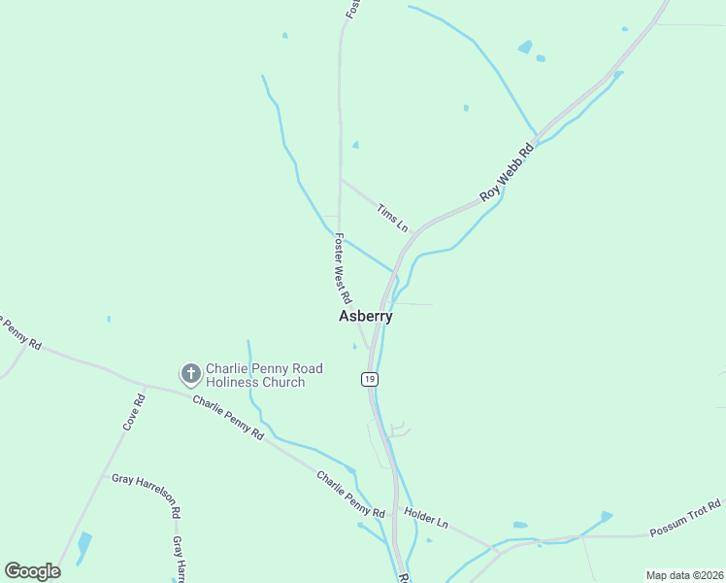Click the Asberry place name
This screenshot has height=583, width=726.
(366, 317)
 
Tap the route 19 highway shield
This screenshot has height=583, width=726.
(370, 377)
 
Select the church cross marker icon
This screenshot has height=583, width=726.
(191, 372)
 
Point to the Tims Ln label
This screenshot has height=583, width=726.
(392, 218)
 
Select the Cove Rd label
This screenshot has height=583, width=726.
(134, 411)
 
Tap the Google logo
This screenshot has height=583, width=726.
(33, 570)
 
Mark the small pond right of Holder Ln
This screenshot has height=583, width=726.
(519, 525)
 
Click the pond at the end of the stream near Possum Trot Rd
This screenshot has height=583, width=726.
(607, 516)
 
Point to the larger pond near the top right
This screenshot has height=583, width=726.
(525, 47)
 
